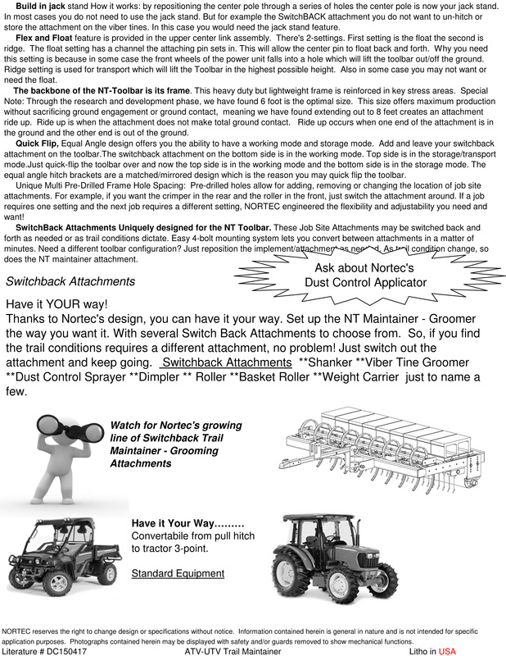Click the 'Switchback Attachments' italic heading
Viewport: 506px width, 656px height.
pos(70,281)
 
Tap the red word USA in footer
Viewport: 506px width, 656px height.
pos(446,651)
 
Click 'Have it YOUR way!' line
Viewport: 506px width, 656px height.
pos(57,304)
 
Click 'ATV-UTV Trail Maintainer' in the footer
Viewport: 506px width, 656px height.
pos(233,651)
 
